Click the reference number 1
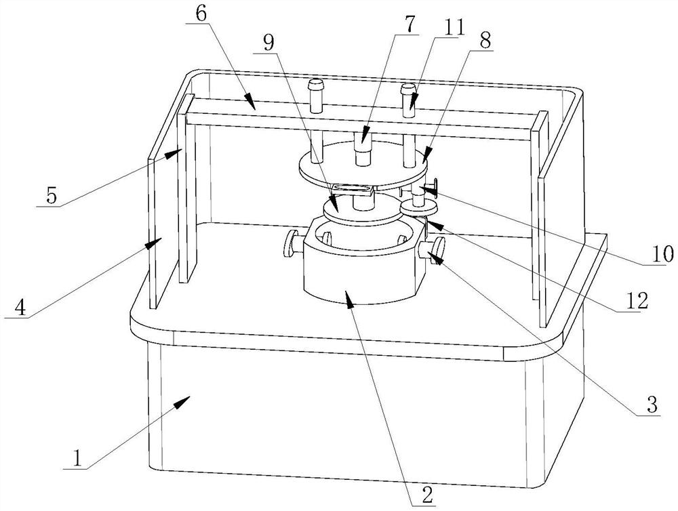pos(77,458)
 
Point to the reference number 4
pos(20,308)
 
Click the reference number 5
pos(52,197)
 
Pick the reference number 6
pos(201,14)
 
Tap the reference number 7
pos(410,26)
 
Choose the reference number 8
pos(485,41)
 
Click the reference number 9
pos(268,43)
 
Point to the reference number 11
pos(454,28)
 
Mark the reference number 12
pos(637,301)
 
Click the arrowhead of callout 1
pos(182,401)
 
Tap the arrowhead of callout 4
pos(153,243)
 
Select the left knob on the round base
pos(292,243)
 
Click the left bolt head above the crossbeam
pos(315,83)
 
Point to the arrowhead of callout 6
pos(250,101)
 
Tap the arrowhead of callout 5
pos(175,152)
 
